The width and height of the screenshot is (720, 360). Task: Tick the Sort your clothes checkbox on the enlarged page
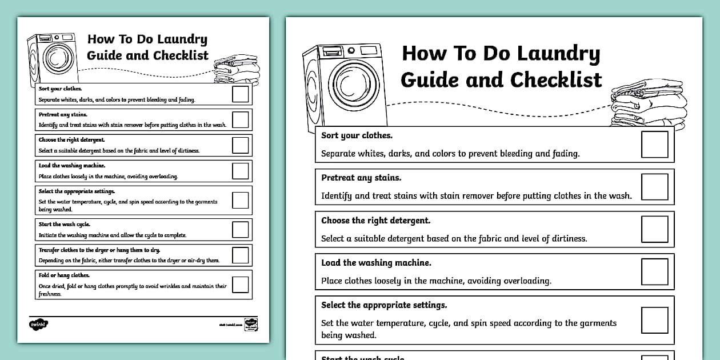click(654, 145)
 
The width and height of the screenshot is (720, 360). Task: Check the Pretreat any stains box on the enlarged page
click(654, 187)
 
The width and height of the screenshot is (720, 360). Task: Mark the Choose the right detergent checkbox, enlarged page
click(654, 229)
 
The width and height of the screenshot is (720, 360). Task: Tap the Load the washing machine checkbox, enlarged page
click(654, 271)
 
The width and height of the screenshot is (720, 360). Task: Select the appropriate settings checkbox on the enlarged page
click(654, 320)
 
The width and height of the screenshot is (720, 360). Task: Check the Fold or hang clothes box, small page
click(241, 284)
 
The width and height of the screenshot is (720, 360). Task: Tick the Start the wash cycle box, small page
click(241, 229)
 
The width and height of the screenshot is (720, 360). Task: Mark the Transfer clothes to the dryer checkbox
click(241, 255)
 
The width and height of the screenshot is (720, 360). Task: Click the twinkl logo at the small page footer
click(38, 324)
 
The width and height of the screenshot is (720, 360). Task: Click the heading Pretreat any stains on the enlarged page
click(361, 178)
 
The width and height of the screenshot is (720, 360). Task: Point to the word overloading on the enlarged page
click(524, 281)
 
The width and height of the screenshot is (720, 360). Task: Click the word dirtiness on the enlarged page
click(565, 239)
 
